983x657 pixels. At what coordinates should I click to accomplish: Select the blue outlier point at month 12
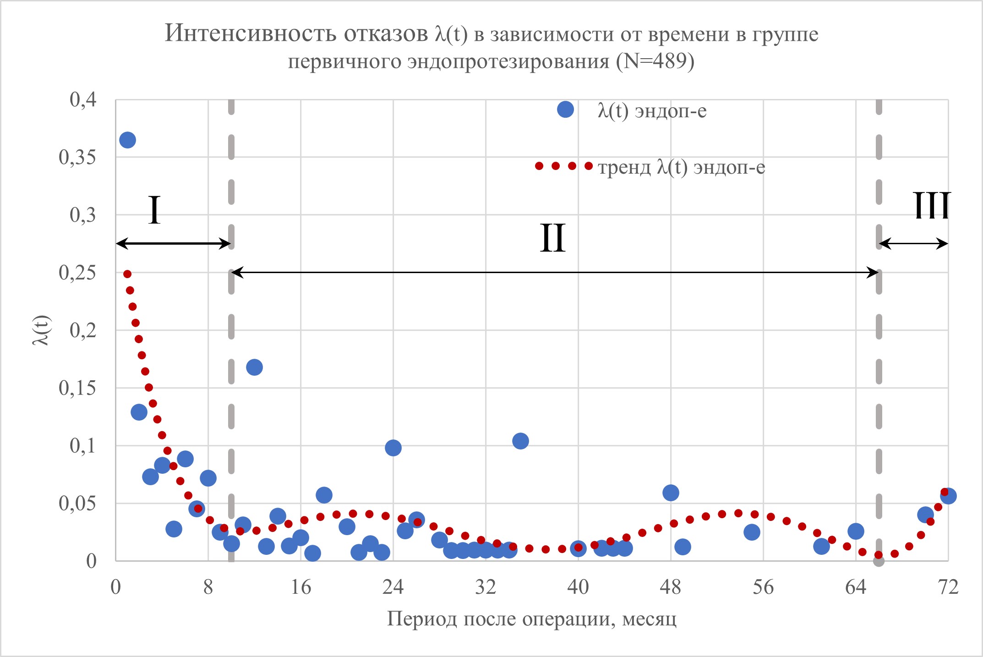[x=254, y=367]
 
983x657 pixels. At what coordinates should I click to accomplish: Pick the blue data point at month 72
[x=948, y=496]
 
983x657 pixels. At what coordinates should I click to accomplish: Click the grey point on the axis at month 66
[x=879, y=560]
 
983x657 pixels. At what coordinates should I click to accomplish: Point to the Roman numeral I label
[x=154, y=210]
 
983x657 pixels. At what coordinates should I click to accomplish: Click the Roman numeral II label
[x=552, y=238]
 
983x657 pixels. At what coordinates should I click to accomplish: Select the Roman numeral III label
[x=932, y=206]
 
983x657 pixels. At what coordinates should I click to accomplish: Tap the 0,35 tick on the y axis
[x=77, y=157]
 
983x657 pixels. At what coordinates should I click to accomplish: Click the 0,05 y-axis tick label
[x=77, y=503]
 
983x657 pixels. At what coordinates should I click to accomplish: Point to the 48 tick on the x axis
[x=671, y=587]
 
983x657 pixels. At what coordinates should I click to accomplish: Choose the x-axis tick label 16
[x=300, y=587]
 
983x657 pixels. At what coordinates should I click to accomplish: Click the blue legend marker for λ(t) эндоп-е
[x=565, y=109]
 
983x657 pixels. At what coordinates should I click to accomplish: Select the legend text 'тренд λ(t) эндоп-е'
[x=682, y=167]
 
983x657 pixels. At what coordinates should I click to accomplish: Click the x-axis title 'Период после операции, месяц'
[x=531, y=619]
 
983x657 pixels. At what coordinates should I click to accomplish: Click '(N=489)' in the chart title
[x=655, y=61]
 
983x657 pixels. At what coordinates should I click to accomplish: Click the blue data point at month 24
[x=393, y=448]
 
